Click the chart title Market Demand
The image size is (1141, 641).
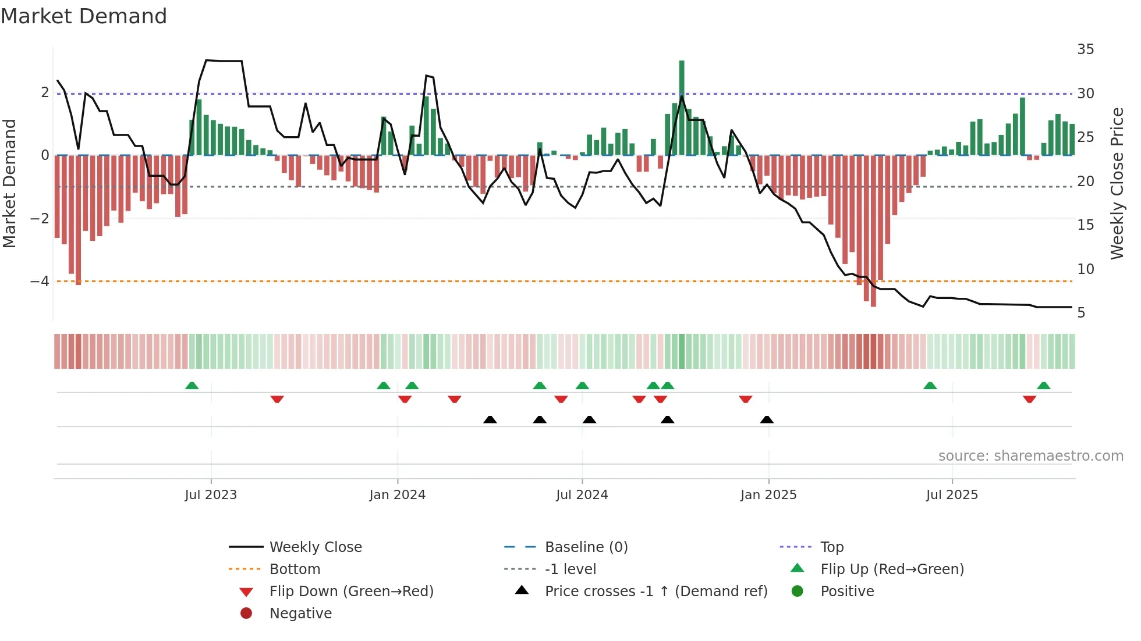84,16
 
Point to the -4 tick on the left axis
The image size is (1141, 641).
40,282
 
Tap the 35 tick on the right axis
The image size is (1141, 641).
1085,49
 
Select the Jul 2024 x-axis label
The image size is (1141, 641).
582,495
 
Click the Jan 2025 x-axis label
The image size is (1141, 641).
768,495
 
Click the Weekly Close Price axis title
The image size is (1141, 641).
1117,183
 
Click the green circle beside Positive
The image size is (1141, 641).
798,592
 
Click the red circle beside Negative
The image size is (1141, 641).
246,614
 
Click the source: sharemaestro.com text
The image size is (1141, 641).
1030,456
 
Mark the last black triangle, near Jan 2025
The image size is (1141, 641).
767,420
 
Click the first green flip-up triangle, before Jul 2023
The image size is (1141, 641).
192,386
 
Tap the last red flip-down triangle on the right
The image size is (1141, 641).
1029,399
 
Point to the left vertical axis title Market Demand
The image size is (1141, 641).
9,183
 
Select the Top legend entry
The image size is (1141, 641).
831,547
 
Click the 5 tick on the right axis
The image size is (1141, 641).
1081,313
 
